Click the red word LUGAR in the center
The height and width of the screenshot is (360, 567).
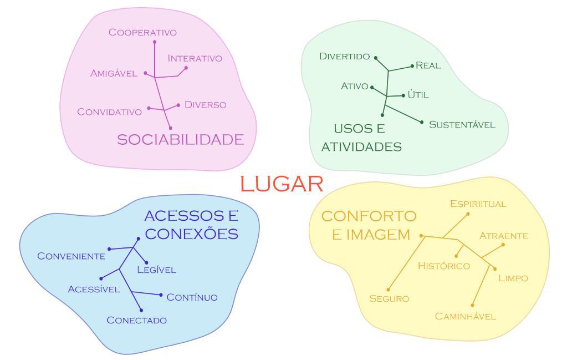(x=282, y=184)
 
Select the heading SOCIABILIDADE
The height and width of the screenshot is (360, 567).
(x=180, y=139)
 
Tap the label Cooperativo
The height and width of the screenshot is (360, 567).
(x=142, y=32)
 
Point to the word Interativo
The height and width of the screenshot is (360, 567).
(x=195, y=58)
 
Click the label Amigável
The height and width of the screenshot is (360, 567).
(x=114, y=73)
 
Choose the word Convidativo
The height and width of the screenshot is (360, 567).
(x=109, y=111)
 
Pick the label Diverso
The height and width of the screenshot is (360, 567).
(x=205, y=104)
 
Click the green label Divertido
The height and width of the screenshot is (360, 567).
(x=344, y=56)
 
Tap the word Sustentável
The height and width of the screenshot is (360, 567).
(x=462, y=124)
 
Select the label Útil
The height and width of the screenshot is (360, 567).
(x=418, y=94)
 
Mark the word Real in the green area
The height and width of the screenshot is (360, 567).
(x=428, y=65)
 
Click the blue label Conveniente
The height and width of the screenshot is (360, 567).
(x=71, y=256)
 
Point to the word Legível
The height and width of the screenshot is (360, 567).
(x=156, y=270)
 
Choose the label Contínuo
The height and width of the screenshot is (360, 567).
(x=192, y=297)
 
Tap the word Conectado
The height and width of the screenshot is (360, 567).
(x=136, y=320)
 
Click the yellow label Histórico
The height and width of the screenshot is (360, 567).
(x=443, y=266)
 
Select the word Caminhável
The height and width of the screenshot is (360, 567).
(x=465, y=316)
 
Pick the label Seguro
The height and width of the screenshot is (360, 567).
(x=389, y=298)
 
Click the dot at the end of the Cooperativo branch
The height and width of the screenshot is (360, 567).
(x=155, y=42)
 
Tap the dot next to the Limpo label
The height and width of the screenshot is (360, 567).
(x=495, y=269)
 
